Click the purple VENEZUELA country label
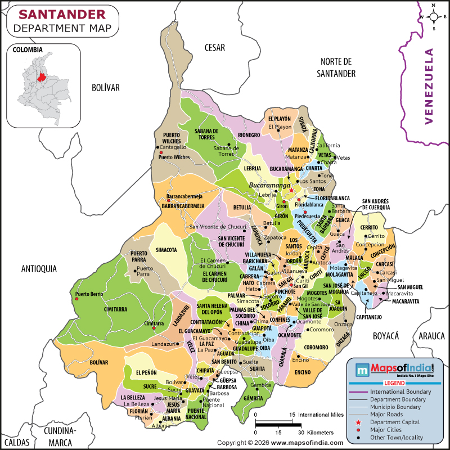coord(430,85)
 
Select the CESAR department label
coord(214,47)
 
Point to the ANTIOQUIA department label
coord(39,269)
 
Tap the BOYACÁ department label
coord(385,336)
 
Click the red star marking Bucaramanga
coord(291,190)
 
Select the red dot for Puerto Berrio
coord(71,294)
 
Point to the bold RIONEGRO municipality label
coord(249,135)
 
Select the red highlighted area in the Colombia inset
coord(41,77)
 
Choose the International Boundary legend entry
coord(399,391)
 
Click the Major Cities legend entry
coord(385,430)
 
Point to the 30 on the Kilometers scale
coord(301,433)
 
